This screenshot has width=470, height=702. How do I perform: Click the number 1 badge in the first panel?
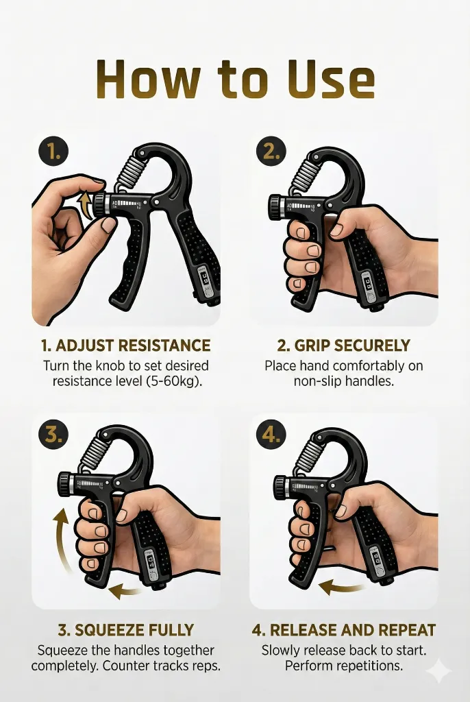(x=53, y=152)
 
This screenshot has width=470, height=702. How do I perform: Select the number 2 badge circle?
(x=271, y=152)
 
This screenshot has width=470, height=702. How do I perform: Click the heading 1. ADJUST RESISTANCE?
(x=125, y=346)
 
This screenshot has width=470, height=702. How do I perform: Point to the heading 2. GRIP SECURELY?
(x=343, y=346)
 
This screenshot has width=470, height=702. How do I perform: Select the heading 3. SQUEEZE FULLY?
(x=126, y=630)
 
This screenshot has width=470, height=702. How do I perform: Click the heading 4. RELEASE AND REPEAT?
(x=343, y=630)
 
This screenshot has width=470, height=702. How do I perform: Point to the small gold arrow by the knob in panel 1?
(x=84, y=205)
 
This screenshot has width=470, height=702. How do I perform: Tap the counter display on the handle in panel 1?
(x=205, y=278)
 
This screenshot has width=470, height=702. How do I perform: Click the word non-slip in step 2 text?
(x=317, y=381)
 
